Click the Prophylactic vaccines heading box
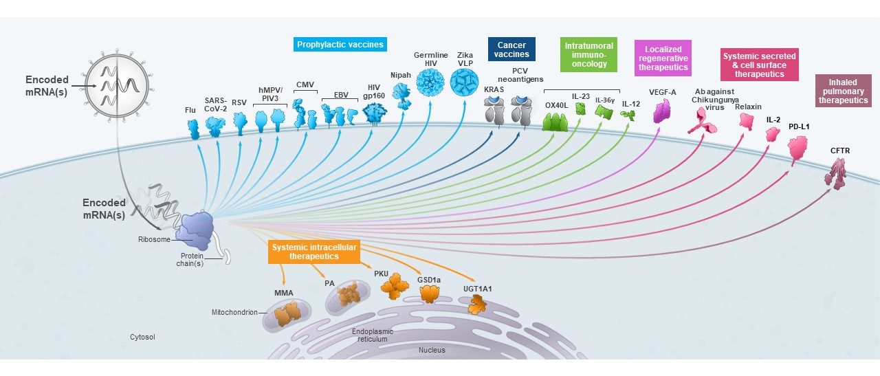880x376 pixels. (x=340, y=45)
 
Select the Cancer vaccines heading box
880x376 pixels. (x=511, y=49)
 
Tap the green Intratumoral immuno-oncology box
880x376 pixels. (x=588, y=55)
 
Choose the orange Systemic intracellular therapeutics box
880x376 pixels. (x=314, y=252)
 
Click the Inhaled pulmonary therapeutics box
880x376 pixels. (x=843, y=91)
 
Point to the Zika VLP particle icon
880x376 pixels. (x=465, y=81)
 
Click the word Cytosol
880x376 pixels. (x=143, y=337)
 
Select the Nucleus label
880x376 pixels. (x=432, y=350)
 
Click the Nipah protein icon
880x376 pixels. (x=401, y=96)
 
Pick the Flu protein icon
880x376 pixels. (x=193, y=129)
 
